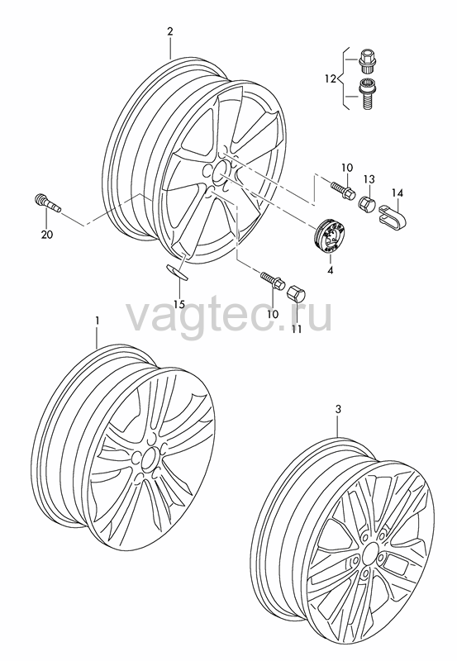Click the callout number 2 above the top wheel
[x=170, y=31]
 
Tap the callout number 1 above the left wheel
[x=98, y=321]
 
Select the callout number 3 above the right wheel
[x=338, y=409]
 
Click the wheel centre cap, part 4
[x=330, y=236]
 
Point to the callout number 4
[x=330, y=270]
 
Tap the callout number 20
[x=47, y=235]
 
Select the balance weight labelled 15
[x=177, y=273]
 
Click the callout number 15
[x=179, y=304]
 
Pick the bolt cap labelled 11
[x=298, y=293]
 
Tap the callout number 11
[x=297, y=328]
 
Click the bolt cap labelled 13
[x=367, y=203]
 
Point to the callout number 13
[x=369, y=179]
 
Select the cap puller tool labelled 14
[x=394, y=215]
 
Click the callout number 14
[x=397, y=193]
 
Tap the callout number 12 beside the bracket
[x=331, y=78]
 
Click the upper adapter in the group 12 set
[x=367, y=60]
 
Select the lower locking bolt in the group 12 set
[x=365, y=94]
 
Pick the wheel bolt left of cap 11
[x=273, y=279]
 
